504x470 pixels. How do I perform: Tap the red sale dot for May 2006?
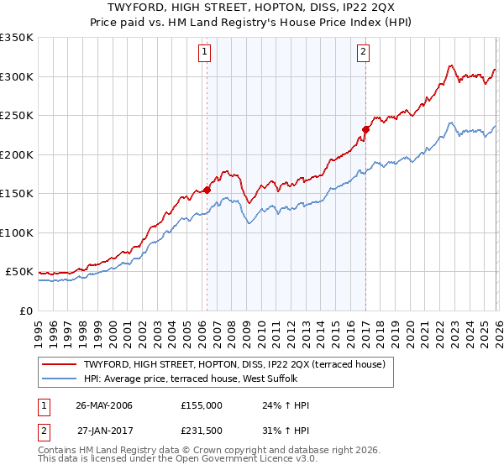pyautogui.click(x=207, y=191)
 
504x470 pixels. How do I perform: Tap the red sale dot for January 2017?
pyautogui.click(x=366, y=130)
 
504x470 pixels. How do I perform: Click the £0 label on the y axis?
pyautogui.click(x=26, y=311)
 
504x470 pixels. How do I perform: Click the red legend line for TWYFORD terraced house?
pyautogui.click(x=60, y=364)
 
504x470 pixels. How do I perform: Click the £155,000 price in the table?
pyautogui.click(x=202, y=405)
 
